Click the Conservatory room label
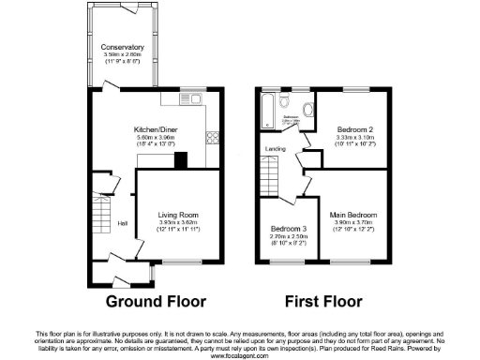(123, 47)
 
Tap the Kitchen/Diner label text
(157, 128)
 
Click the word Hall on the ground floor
(122, 223)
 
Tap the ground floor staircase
(101, 211)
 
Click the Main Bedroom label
(352, 215)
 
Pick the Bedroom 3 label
(288, 229)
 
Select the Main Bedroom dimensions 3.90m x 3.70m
(352, 222)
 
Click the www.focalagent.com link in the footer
(240, 355)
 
